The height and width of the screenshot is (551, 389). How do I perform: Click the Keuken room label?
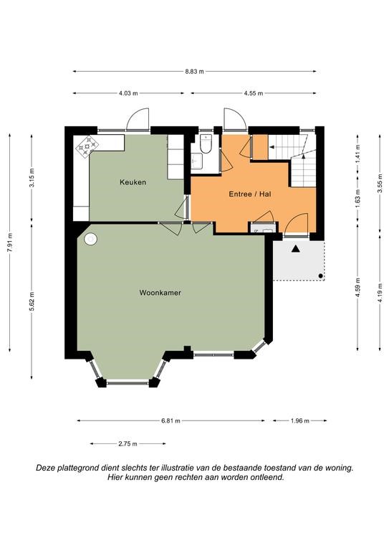[x=133, y=182]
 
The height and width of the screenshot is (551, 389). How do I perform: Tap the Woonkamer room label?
[x=160, y=293]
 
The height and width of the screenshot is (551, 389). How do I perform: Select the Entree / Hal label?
[x=250, y=194]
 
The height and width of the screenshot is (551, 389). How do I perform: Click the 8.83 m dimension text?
[x=194, y=71]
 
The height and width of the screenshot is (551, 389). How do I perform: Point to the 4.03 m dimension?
[x=128, y=93]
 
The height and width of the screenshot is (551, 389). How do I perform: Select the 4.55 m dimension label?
[x=254, y=93]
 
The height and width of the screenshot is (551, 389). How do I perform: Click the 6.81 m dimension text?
[x=171, y=420]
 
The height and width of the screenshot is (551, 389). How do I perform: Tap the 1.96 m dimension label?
[x=300, y=420]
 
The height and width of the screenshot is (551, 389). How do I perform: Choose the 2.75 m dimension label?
[x=128, y=444]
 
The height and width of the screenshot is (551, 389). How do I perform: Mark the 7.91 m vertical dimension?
[x=10, y=242]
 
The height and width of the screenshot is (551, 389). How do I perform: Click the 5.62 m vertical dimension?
[x=32, y=301]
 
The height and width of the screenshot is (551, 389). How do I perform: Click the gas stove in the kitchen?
[x=87, y=146]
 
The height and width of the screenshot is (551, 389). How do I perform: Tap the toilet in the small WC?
[x=205, y=144]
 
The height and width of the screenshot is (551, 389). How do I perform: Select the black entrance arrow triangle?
[x=296, y=249]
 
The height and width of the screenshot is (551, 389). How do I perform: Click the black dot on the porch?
[x=320, y=275]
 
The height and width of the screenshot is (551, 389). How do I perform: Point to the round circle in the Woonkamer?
[x=90, y=239]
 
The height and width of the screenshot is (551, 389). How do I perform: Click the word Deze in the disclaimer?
[x=44, y=468]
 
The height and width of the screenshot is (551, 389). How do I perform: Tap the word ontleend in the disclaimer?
[x=268, y=477]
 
